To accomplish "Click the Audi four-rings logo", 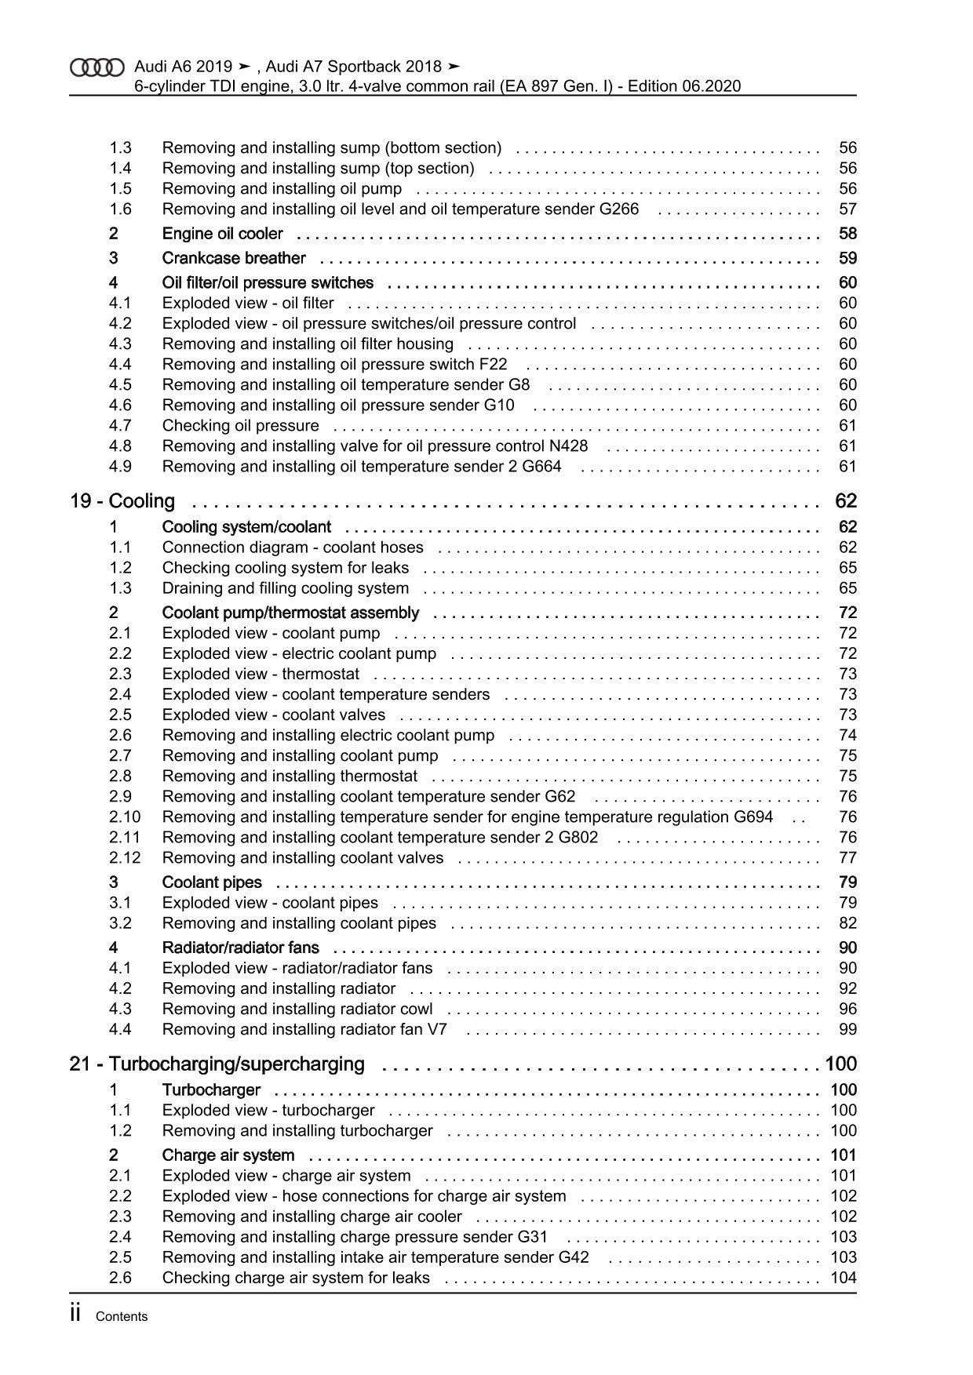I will [x=97, y=67].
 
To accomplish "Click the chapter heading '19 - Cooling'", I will [x=122, y=500].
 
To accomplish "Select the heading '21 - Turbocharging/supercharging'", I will [x=217, y=1064].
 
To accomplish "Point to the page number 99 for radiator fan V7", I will [x=847, y=1029].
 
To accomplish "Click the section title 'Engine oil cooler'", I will [x=222, y=234].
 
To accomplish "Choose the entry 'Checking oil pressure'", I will [x=240, y=425].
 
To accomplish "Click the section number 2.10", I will [x=125, y=817].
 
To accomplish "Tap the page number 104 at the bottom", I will [x=844, y=1278].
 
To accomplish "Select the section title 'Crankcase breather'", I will [x=234, y=258].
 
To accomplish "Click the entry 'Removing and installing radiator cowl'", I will [x=297, y=1009].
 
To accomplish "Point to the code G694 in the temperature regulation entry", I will [x=753, y=817].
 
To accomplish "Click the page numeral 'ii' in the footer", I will [x=76, y=1315].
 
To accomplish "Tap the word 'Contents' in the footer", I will [x=122, y=1317].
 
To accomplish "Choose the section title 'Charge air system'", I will [x=228, y=1155].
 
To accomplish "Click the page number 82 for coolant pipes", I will [x=847, y=923].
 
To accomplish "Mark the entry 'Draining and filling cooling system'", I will [x=286, y=588].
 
